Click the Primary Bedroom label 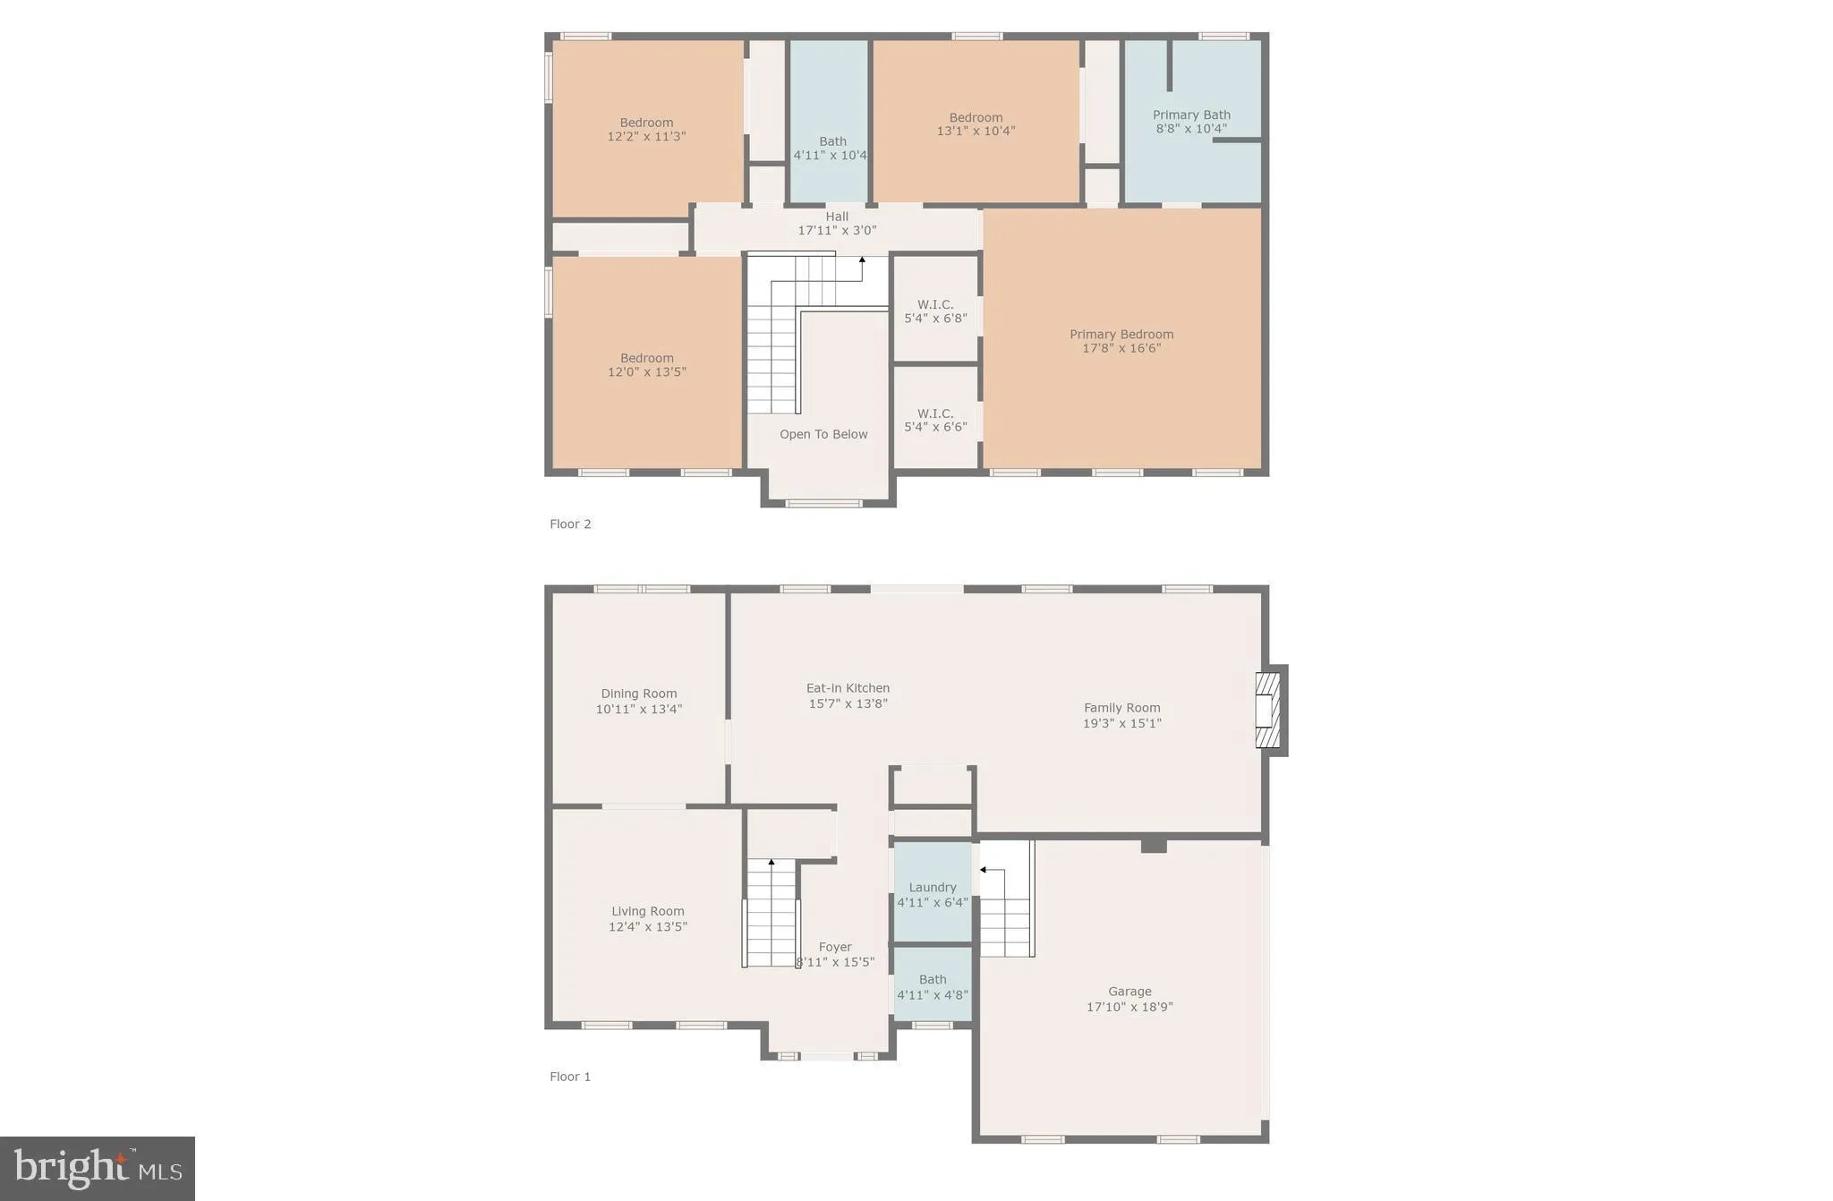(1121, 335)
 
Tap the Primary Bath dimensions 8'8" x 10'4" (1190, 129)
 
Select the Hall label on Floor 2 (837, 217)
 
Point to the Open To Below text (823, 434)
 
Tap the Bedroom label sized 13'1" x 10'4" (976, 117)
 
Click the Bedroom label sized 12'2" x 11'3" (646, 123)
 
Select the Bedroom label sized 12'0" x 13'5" (646, 358)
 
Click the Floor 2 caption (570, 524)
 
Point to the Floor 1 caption (570, 1077)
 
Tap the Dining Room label (639, 694)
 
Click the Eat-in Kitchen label (848, 688)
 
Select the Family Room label (1121, 708)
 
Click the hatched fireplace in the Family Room (1268, 710)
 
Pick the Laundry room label (933, 887)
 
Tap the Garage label (1130, 991)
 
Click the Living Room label (648, 911)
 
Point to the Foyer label (835, 947)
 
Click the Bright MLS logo (98, 1169)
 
